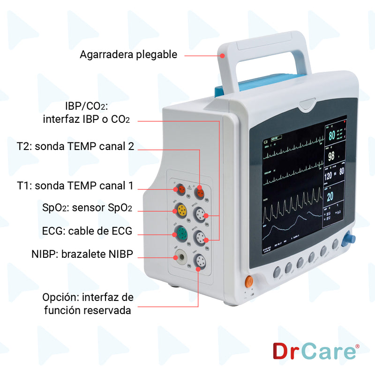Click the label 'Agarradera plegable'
128,55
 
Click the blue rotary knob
349,239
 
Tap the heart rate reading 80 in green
332,136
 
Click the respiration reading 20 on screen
330,196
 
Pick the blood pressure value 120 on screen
329,176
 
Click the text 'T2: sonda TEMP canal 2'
75,146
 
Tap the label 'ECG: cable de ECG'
87,231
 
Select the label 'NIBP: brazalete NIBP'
82,254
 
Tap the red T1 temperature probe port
181,189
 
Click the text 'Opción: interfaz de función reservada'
88,304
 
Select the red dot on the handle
223,55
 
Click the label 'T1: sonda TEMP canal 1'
75,186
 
